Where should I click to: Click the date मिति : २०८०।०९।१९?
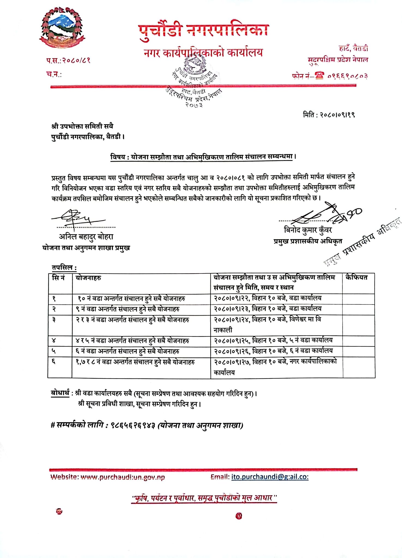click(x=329, y=115)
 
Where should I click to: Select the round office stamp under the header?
click(x=194, y=82)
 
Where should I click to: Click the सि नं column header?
click(x=58, y=278)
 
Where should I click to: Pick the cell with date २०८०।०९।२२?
click(x=267, y=298)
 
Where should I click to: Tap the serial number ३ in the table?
click(x=54, y=320)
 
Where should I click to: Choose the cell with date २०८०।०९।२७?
click(x=275, y=362)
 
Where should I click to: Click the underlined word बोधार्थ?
click(x=60, y=393)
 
